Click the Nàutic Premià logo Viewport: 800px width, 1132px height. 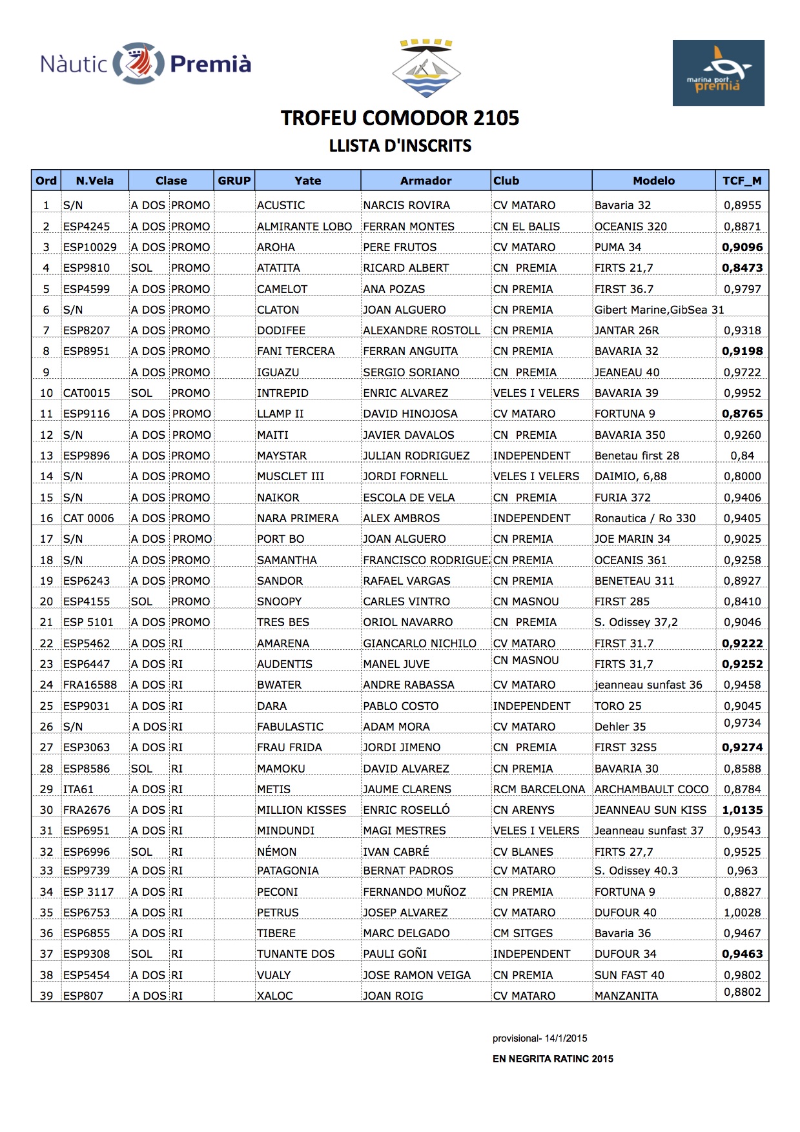tap(145, 63)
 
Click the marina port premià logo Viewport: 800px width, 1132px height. tap(718, 73)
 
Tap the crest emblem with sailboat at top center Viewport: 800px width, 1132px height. tap(426, 68)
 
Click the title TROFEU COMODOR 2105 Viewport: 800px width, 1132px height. tap(400, 118)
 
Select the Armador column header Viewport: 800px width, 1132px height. tap(426, 181)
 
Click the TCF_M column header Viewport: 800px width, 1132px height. tap(741, 181)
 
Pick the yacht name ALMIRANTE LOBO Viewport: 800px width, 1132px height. tap(304, 227)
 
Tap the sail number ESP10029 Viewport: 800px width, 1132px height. tap(90, 247)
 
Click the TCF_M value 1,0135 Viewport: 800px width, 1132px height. tap(742, 810)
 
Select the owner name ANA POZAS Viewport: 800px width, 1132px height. tap(394, 289)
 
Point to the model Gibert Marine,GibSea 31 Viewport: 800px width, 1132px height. tap(659, 310)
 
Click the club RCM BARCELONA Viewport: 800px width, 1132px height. tap(538, 789)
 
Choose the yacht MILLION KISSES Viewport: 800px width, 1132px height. tap(301, 810)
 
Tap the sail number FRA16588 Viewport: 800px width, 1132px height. tap(90, 685)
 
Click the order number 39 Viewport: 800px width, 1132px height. tap(46, 996)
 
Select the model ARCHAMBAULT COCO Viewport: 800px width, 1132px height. tap(651, 789)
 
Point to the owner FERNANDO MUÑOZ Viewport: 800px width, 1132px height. tap(414, 892)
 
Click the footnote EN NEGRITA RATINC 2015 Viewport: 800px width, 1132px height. tap(553, 1059)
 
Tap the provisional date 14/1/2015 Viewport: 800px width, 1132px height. tap(566, 1038)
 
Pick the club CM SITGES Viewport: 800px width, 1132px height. tap(523, 933)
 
